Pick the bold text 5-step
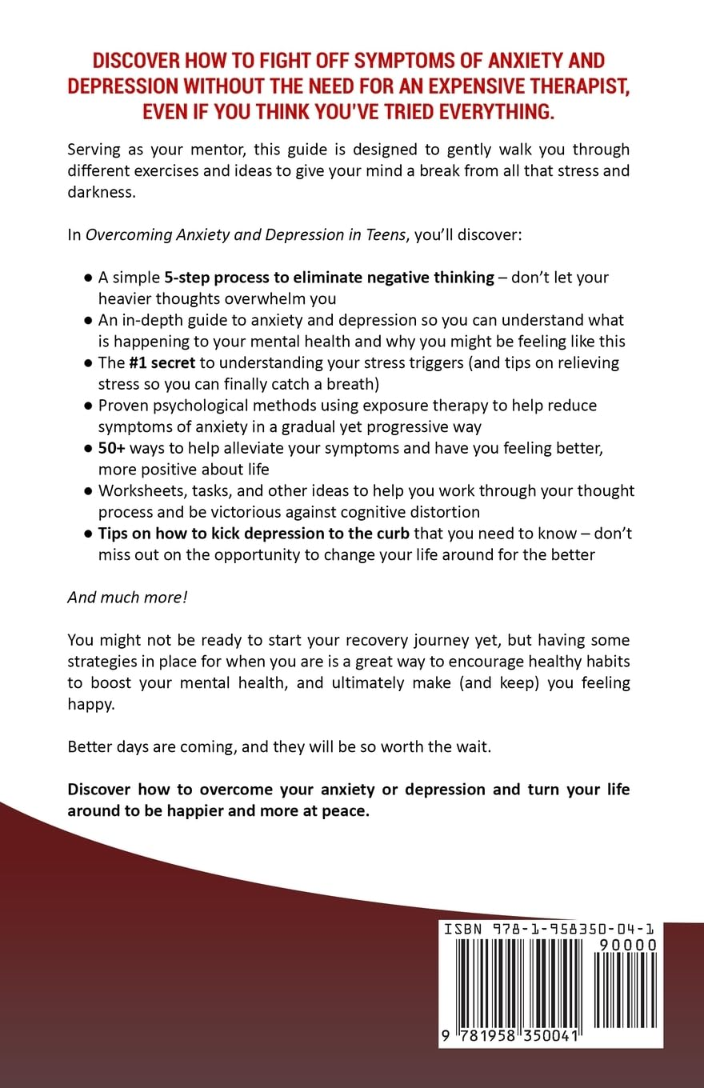(190, 278)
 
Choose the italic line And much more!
(127, 597)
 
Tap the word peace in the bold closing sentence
(344, 810)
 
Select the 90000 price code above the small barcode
(628, 945)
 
